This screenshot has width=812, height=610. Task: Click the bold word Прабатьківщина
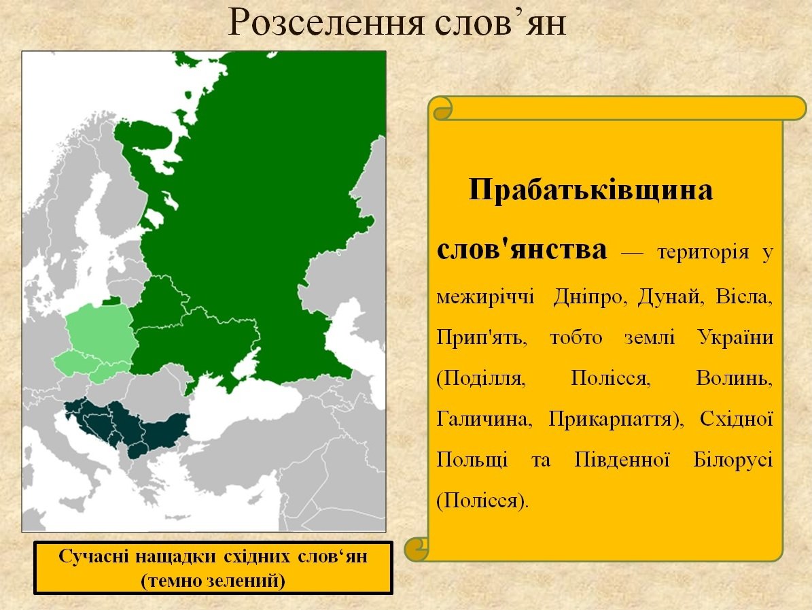click(591, 190)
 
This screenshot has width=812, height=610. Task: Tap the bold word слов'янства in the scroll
click(521, 250)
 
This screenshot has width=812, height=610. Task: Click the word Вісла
click(744, 297)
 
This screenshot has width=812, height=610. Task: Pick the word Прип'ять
click(482, 338)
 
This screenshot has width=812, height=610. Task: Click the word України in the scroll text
click(735, 337)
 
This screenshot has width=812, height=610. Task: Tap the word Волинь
click(734, 378)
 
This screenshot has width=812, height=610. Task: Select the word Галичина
click(484, 419)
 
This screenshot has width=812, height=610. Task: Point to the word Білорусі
click(733, 460)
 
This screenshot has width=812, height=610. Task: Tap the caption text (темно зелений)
click(213, 581)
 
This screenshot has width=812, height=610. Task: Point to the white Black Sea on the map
click(243, 409)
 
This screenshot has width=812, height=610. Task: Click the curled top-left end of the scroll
click(441, 109)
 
